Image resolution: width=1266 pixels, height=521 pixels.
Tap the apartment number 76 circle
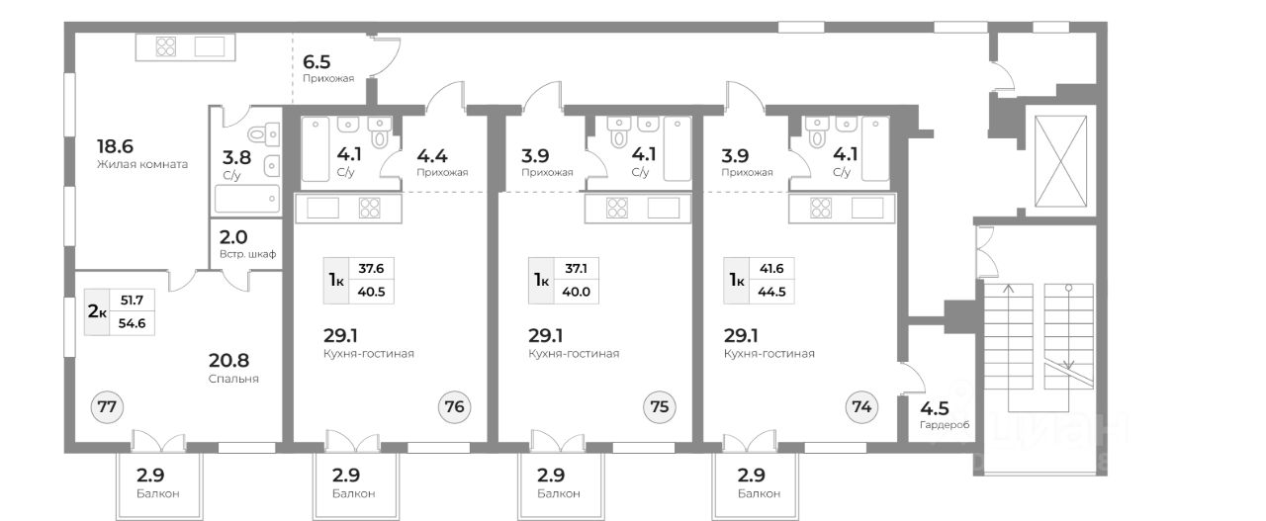(x=454, y=405)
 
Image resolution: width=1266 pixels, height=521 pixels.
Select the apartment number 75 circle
(x=659, y=405)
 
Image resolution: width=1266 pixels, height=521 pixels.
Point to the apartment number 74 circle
(x=861, y=405)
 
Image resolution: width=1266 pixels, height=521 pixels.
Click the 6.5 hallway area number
(x=317, y=59)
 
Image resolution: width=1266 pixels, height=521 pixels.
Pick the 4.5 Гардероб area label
(x=934, y=408)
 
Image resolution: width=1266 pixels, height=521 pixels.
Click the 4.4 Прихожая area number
(x=432, y=155)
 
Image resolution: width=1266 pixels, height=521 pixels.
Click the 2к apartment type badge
(x=97, y=311)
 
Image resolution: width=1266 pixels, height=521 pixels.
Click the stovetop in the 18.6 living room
(x=165, y=46)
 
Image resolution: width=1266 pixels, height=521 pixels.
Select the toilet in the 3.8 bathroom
(x=258, y=135)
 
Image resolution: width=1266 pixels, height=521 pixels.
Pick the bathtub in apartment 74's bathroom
(x=874, y=149)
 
